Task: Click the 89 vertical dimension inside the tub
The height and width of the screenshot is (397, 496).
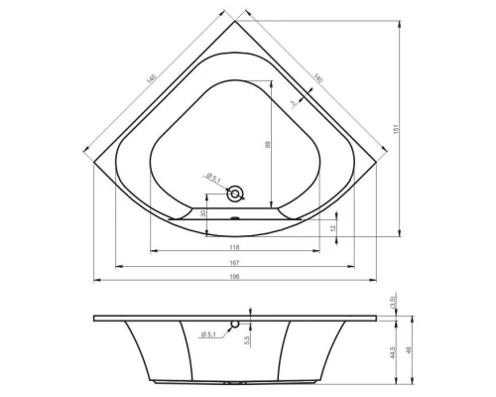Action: pyautogui.click(x=267, y=144)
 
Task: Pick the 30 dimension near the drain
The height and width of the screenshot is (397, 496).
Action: pyautogui.click(x=202, y=213)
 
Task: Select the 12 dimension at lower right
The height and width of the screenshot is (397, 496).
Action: pyautogui.click(x=334, y=227)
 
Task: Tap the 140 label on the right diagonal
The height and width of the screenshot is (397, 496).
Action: pyautogui.click(x=319, y=78)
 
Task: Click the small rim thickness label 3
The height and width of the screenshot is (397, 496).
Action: pyautogui.click(x=294, y=101)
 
